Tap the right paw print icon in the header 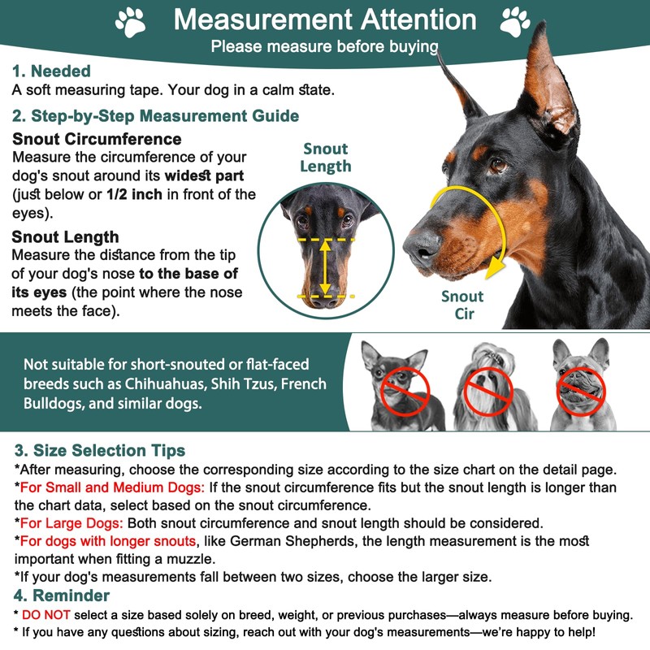(514, 21)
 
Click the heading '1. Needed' (50, 71)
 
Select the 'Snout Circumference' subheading (97, 139)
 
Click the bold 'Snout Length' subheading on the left (66, 237)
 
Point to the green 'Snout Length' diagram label (325, 158)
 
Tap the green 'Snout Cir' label (462, 305)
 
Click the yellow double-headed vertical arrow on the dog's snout (325, 267)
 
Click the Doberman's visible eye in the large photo (497, 165)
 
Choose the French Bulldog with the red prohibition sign (579, 386)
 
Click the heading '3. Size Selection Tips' (100, 450)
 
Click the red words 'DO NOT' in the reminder (48, 615)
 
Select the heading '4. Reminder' (63, 596)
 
